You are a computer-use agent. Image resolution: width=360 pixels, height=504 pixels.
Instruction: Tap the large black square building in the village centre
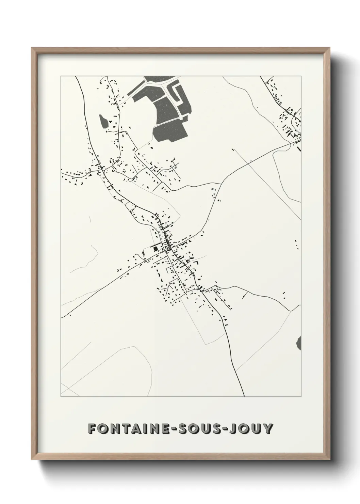[x=156, y=249]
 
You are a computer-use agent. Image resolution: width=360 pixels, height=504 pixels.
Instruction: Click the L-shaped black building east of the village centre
[x=196, y=262]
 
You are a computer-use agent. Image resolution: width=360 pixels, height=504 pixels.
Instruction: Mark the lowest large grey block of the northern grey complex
[x=169, y=131]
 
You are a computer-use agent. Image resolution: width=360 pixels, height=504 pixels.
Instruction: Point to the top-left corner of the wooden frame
[x=32, y=48]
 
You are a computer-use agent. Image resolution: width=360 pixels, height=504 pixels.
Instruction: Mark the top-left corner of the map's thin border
[x=61, y=76]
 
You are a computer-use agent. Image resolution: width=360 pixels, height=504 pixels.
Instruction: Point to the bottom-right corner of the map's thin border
[x=301, y=397]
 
